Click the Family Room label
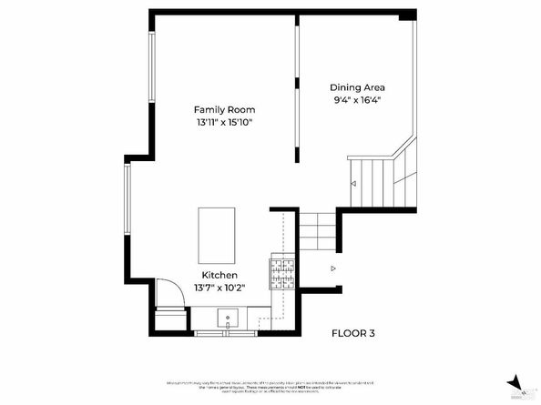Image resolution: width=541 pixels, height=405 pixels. [x=223, y=109]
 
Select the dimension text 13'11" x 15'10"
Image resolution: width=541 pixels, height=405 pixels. [x=223, y=122]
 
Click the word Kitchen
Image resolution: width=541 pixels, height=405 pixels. [x=219, y=275]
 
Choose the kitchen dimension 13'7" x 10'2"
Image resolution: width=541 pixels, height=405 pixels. [x=219, y=288]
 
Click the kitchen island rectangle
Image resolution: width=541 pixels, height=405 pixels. [x=217, y=235]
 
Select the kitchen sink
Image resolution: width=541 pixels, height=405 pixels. [x=227, y=319]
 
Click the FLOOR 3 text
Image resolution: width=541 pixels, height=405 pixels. [x=352, y=333]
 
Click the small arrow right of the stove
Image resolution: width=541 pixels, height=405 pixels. [x=333, y=268]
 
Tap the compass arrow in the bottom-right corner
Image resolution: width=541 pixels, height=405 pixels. [x=515, y=382]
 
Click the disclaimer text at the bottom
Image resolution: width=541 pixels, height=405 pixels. [x=271, y=385]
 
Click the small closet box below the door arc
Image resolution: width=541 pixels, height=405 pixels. [x=168, y=321]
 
